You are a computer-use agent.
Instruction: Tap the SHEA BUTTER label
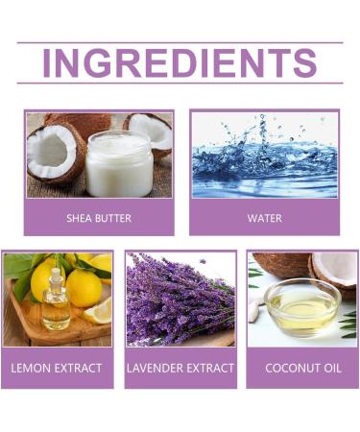click(x=99, y=218)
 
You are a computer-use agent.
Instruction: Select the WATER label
click(x=264, y=218)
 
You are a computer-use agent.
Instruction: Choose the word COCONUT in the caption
click(x=284, y=368)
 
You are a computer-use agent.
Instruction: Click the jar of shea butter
click(x=118, y=163)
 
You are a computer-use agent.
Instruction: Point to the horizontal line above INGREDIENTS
click(x=180, y=42)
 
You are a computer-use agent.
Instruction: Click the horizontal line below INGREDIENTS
click(x=180, y=84)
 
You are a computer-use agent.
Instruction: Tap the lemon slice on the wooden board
click(x=98, y=311)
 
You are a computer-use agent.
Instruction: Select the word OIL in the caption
click(x=329, y=368)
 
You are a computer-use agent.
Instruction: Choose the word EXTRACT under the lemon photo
click(x=80, y=368)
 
